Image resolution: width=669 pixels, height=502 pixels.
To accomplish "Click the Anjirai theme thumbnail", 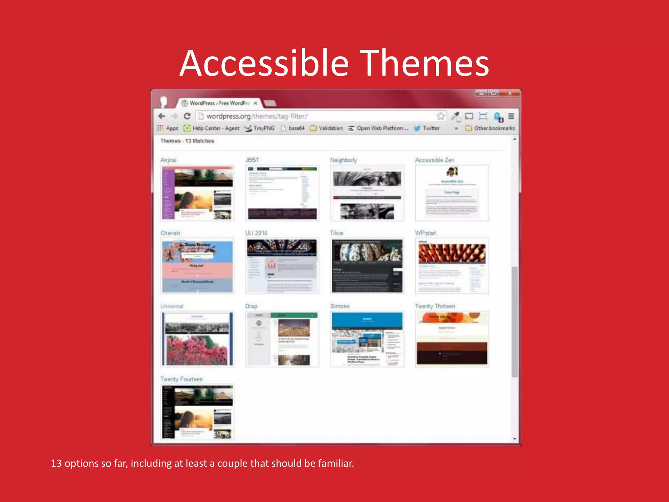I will (197, 193).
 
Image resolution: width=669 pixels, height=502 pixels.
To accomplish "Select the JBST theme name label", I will (252, 160).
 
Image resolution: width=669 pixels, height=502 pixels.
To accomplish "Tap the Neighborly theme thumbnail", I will (367, 193).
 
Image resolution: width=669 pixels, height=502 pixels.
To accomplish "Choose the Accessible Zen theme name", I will (434, 160).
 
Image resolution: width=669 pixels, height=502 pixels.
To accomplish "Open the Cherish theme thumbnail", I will (197, 266).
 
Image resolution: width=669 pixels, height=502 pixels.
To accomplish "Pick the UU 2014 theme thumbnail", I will (282, 266).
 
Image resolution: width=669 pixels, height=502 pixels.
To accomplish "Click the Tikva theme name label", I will (336, 233).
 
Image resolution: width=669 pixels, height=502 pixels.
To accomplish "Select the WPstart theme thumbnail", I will (452, 266).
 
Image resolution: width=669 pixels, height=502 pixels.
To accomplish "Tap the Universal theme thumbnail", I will (197, 339).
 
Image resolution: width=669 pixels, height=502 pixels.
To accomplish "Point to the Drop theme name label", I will (251, 306).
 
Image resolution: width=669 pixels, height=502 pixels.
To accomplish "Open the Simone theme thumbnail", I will (367, 339).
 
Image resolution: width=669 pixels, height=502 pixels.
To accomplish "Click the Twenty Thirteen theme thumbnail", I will (452, 339).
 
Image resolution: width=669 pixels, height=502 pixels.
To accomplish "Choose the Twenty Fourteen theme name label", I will (181, 379).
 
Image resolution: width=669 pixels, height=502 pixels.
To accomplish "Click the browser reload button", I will (187, 116).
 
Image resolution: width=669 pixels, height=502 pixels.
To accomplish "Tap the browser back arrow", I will (162, 116).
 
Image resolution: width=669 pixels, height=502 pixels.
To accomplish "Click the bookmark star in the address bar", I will (441, 116).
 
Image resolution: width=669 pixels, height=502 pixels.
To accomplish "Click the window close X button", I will (510, 93).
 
